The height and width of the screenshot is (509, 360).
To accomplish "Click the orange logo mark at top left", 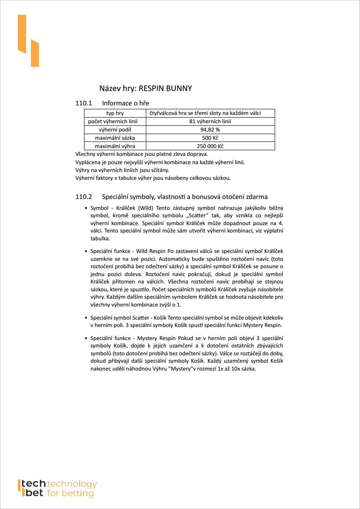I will (x=28, y=41).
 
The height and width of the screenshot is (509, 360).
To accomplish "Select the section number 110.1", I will (x=84, y=103).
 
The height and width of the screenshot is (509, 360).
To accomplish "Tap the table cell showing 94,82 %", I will (x=210, y=130).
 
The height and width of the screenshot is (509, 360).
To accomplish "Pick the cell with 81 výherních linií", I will (x=210, y=121).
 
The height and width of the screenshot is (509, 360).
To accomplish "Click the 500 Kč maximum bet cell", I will (x=210, y=138).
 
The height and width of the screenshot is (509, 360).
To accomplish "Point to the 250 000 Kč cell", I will (x=210, y=146).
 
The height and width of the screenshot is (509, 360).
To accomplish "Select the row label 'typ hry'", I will (x=115, y=113).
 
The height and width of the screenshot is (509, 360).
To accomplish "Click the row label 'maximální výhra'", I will (x=115, y=146).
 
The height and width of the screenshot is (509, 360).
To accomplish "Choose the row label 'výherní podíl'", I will (x=115, y=130).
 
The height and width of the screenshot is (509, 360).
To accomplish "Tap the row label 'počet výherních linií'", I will (x=115, y=121).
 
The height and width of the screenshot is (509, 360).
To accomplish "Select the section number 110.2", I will (x=84, y=197).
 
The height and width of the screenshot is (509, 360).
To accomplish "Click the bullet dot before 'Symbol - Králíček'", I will (x=86, y=209).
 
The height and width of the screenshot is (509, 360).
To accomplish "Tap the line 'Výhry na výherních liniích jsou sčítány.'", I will (x=122, y=170).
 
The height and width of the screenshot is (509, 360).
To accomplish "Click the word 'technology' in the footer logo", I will (x=72, y=484).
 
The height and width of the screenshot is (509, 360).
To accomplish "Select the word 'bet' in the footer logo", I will (x=32, y=493).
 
